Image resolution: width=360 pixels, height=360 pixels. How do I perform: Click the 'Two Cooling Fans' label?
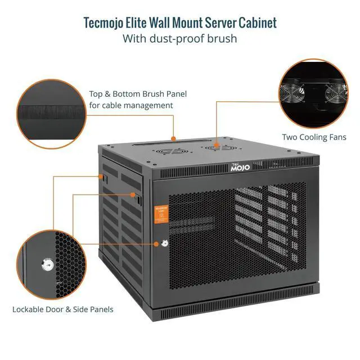tap(314, 137)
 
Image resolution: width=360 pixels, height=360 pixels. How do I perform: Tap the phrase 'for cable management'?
tap(130, 105)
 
